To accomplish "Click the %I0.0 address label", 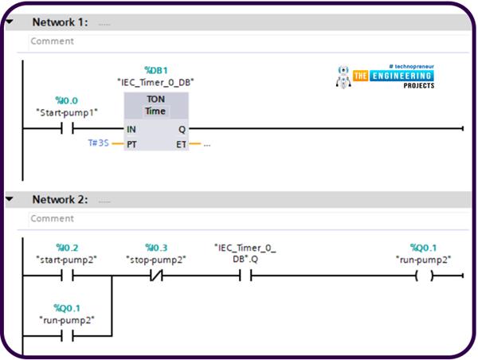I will [67, 100].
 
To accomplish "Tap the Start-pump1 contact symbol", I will [67, 128].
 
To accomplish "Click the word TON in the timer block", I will [156, 100].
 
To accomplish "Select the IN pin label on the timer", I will [131, 128].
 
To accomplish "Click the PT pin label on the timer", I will [131, 144].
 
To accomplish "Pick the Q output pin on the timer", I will [182, 128].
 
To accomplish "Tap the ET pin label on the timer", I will [181, 144].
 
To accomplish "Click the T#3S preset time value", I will [99, 143].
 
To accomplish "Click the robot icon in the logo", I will [344, 76].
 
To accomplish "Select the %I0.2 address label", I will [67, 248].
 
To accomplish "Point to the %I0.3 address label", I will [157, 248].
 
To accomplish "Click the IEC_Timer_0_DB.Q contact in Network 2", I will [245, 276].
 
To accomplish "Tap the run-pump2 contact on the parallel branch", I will [67, 335].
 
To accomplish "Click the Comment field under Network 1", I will [239, 41].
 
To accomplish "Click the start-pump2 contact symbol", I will [67, 276].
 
